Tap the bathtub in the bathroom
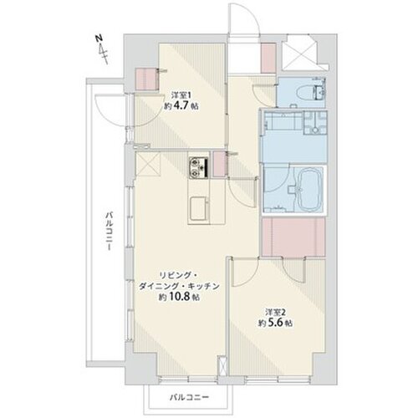[309, 190]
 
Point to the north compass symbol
[102, 49]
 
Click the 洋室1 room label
[181, 95]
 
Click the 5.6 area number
[276, 323]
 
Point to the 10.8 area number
[182, 297]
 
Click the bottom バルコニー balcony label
[189, 397]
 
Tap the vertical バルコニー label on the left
[110, 232]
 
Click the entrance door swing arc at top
[244, 19]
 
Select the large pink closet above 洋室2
[293, 237]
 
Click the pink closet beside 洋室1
[147, 79]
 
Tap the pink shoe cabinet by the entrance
[268, 58]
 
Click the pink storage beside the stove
[220, 164]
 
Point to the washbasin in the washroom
[315, 123]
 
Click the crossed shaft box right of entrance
[299, 52]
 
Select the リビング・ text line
[178, 276]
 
